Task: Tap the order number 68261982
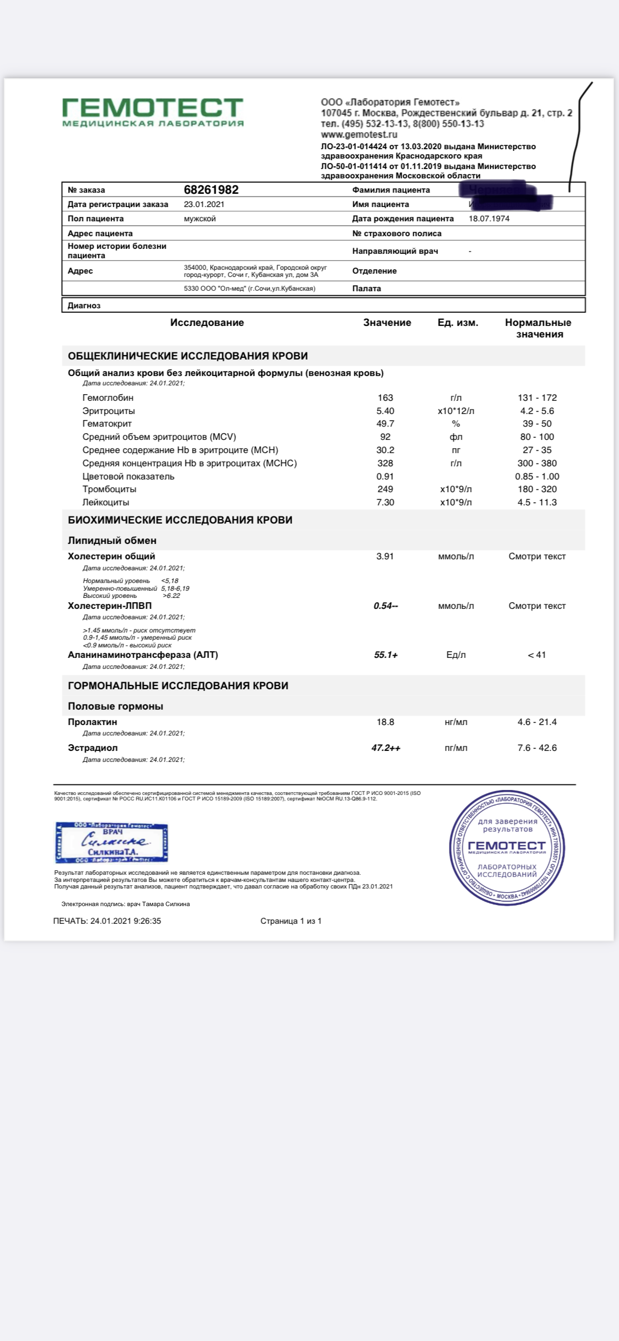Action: pos(211,190)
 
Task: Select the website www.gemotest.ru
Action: pos(359,134)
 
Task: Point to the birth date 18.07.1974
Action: pos(489,219)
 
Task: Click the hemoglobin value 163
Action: pos(385,397)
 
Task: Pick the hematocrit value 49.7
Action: pos(385,423)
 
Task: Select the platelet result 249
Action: pos(385,489)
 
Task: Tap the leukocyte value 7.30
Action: pos(385,502)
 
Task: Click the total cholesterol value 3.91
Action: pos(385,556)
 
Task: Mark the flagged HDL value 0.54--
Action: pos(386,606)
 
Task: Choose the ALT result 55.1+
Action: pos(386,655)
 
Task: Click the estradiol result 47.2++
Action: pos(386,748)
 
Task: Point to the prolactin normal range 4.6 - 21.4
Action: pos(537,722)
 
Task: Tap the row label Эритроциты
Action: pos(108,411)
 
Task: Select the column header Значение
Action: pos(387,323)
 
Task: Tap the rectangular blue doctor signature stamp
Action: pos(112,842)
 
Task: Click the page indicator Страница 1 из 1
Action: pos(291,921)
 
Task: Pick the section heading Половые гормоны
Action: pos(116,706)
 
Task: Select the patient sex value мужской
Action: pos(200,219)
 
